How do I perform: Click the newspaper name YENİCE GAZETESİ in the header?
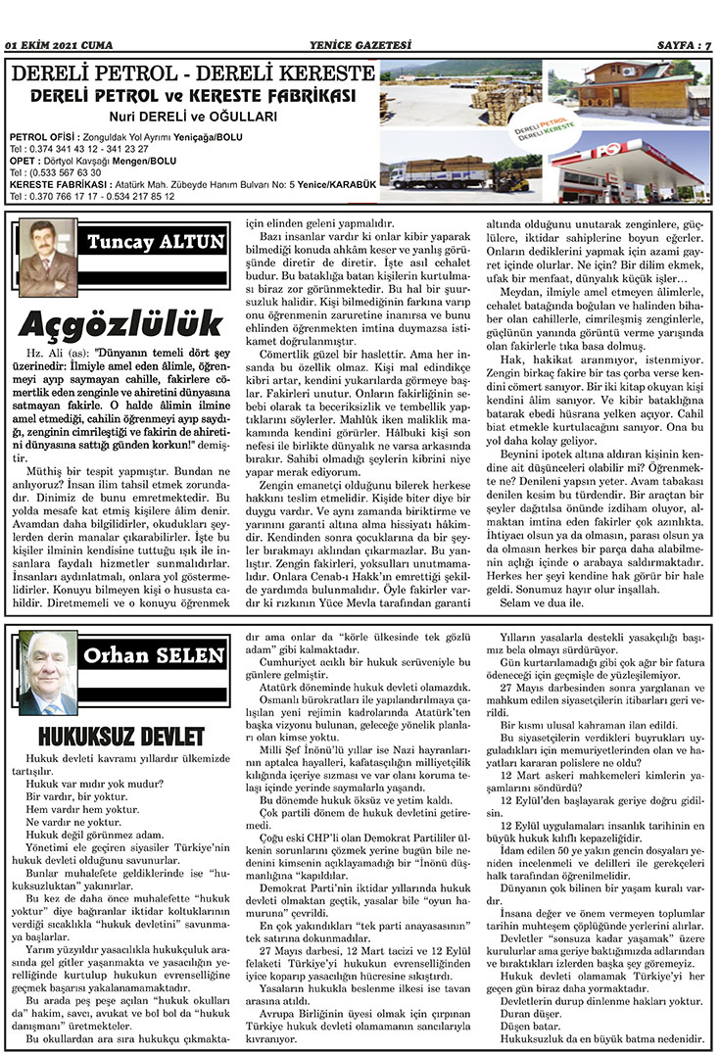[x=359, y=44]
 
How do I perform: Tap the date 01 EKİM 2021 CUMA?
[x=59, y=44]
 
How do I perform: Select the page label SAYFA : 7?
[x=683, y=44]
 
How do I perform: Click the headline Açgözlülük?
[x=120, y=322]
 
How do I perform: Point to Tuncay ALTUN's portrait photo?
[x=47, y=258]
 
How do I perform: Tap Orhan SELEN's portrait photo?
[x=48, y=673]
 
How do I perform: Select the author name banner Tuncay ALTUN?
[x=156, y=242]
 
